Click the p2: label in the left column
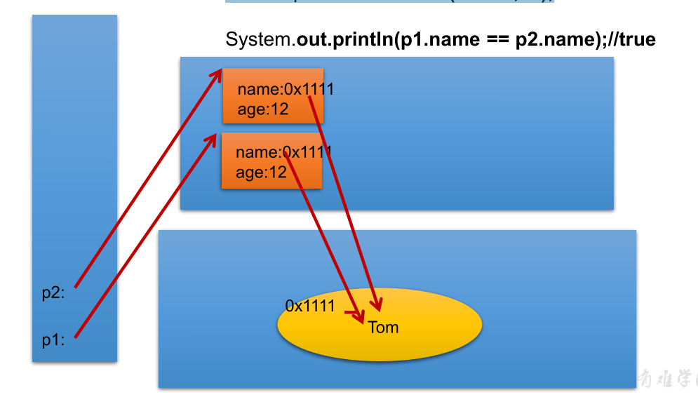click(x=53, y=293)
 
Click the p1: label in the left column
click(x=53, y=340)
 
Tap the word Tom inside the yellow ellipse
click(x=383, y=328)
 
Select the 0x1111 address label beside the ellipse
click(x=310, y=306)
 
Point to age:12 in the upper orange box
click(x=263, y=109)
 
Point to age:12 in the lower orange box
click(x=262, y=172)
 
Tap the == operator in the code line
click(x=497, y=40)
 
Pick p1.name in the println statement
click(x=438, y=40)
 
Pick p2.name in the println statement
click(x=555, y=40)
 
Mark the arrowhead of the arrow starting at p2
click(x=219, y=73)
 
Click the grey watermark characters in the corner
click(x=667, y=377)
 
